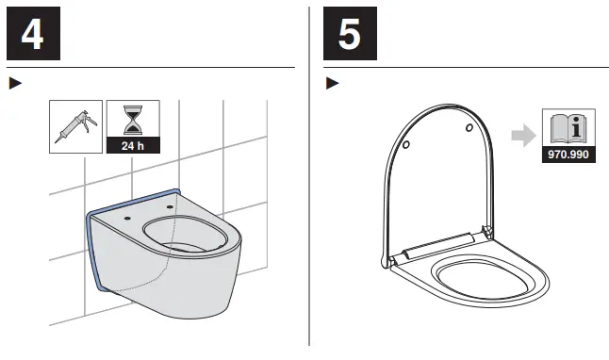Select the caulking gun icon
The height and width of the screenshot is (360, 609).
[x=75, y=126]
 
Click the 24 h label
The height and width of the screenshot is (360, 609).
[x=133, y=145]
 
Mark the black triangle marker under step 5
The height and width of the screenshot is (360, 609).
[x=331, y=83]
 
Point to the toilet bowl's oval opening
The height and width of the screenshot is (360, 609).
[x=186, y=238]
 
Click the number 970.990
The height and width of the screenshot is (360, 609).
[x=568, y=155]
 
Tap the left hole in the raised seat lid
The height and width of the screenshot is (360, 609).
[x=405, y=146]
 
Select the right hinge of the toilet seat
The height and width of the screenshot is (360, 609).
[x=486, y=231]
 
